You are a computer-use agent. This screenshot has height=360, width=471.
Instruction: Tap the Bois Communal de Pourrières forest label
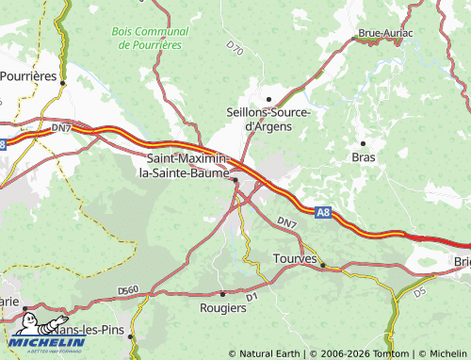(x=150, y=38)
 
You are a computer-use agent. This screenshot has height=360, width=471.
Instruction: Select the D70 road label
(x=235, y=47)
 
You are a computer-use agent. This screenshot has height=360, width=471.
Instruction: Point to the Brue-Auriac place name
(x=385, y=35)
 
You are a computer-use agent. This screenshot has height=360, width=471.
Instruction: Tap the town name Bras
(x=363, y=157)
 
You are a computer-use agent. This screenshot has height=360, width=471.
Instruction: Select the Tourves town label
(x=292, y=257)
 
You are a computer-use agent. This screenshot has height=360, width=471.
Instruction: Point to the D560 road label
(x=129, y=289)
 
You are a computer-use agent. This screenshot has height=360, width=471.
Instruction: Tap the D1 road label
(x=252, y=297)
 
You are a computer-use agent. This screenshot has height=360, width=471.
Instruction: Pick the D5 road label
(x=419, y=292)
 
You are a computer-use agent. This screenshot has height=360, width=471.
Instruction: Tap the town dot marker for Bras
(x=364, y=143)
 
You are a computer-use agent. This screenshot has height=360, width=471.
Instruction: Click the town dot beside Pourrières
(x=62, y=83)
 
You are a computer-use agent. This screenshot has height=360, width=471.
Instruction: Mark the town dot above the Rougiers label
(x=222, y=294)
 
